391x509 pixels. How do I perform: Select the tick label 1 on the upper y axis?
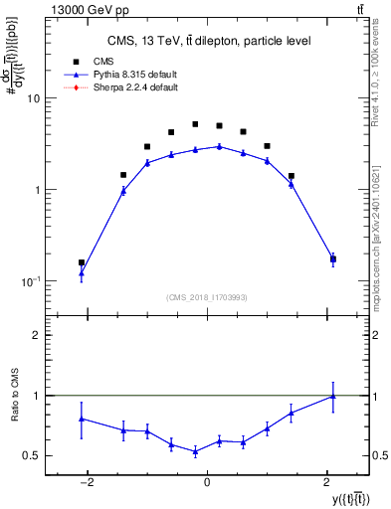pos(36,190)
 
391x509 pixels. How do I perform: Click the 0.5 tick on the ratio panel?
pos(31,455)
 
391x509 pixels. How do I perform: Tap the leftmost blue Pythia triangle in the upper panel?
pos(82,272)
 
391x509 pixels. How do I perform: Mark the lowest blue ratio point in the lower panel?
pos(195,451)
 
